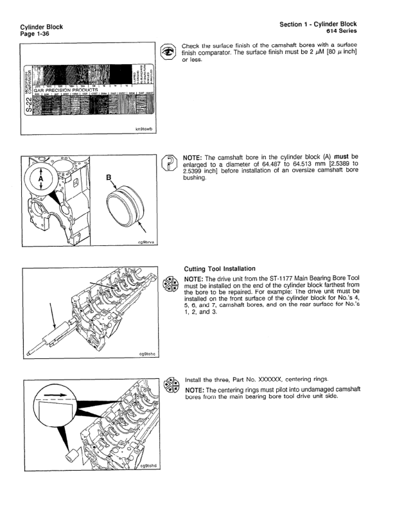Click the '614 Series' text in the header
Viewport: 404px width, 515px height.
click(x=340, y=31)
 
